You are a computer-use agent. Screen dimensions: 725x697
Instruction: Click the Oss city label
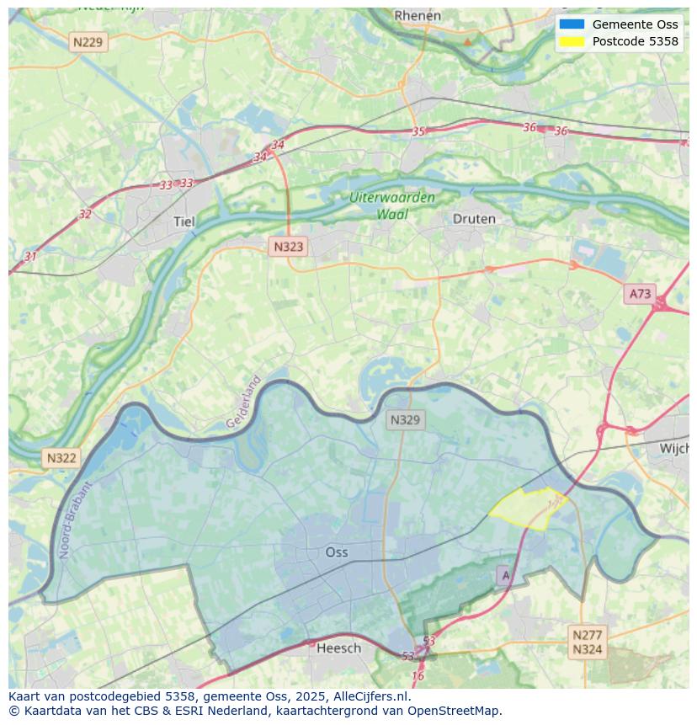click(x=337, y=552)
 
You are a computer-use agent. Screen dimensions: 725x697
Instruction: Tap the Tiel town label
click(x=184, y=221)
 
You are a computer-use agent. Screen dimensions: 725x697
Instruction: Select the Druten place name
click(x=474, y=219)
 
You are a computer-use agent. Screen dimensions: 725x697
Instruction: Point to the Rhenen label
click(x=418, y=16)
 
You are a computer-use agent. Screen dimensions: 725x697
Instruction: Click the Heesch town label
click(x=338, y=648)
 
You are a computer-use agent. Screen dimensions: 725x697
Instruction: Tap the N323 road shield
click(x=288, y=247)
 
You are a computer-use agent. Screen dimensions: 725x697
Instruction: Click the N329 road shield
click(x=405, y=419)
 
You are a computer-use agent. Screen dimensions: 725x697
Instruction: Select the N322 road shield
click(x=61, y=458)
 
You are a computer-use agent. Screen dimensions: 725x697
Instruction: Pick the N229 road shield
click(x=89, y=41)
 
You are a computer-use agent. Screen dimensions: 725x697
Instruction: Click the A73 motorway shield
click(x=640, y=294)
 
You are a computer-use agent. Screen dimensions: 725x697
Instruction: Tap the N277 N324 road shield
click(x=587, y=642)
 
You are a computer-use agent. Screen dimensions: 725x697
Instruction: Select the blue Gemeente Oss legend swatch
click(x=571, y=24)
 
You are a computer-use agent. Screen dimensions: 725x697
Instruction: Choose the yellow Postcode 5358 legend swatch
click(x=571, y=41)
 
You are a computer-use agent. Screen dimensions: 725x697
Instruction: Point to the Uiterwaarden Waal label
click(x=392, y=206)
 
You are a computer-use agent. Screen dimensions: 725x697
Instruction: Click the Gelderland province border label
click(x=244, y=402)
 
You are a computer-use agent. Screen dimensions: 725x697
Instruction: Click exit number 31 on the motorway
click(x=30, y=256)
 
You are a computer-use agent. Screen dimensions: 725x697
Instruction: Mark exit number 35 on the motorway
click(x=418, y=131)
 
